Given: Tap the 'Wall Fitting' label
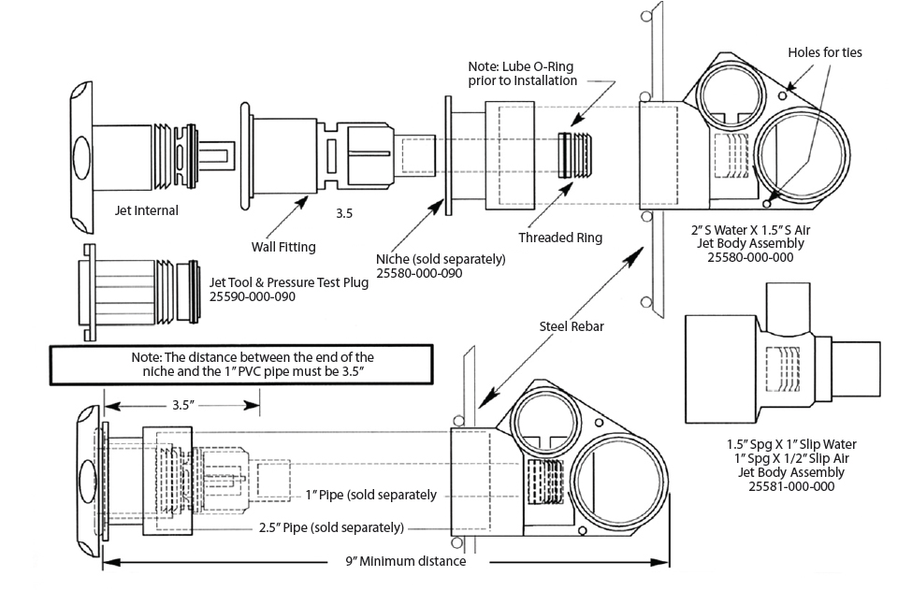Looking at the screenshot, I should [x=283, y=247].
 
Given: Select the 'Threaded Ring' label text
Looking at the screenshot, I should [x=560, y=238].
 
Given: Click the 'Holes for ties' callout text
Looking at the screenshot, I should [x=825, y=52].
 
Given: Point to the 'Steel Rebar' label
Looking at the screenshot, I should [x=570, y=326].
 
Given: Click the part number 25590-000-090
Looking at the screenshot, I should [x=252, y=296].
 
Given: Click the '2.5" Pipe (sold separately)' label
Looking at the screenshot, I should [x=330, y=527].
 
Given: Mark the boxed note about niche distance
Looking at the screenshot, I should [x=241, y=364].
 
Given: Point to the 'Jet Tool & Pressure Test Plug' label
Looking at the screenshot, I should [x=288, y=282].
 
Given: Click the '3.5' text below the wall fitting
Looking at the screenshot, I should [x=344, y=214].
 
